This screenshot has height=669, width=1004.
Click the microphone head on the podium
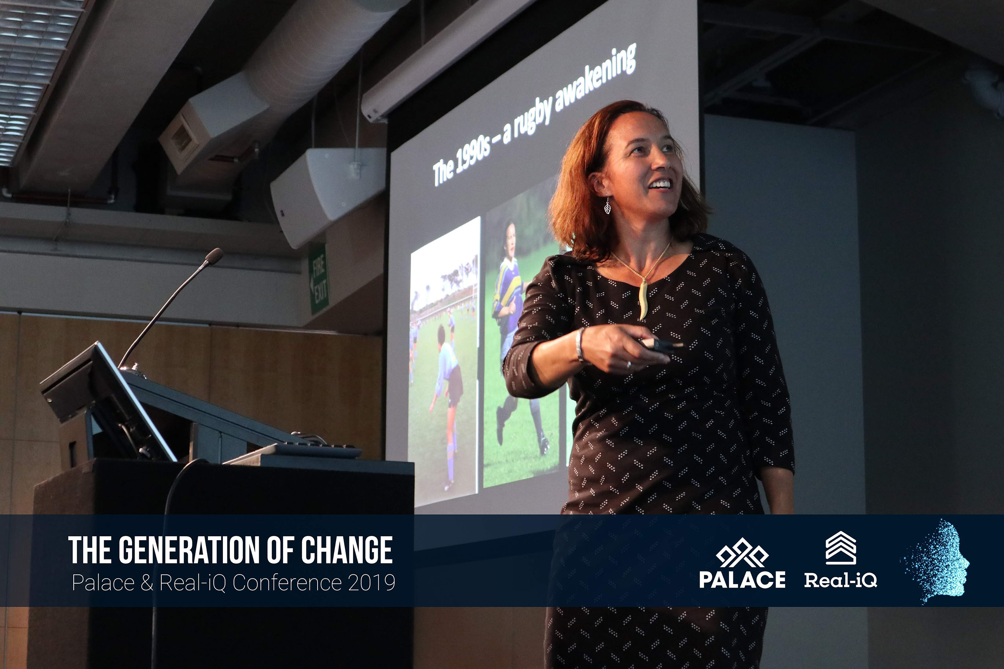[214, 256]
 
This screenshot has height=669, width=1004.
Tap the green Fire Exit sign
[319, 279]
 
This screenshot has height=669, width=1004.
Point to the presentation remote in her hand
[659, 345]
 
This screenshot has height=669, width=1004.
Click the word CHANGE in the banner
[347, 550]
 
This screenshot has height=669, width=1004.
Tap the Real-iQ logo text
[840, 580]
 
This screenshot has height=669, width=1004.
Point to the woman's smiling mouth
[660, 184]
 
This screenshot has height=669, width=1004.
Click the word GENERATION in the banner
[189, 550]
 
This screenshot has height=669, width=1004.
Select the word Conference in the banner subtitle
[287, 582]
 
